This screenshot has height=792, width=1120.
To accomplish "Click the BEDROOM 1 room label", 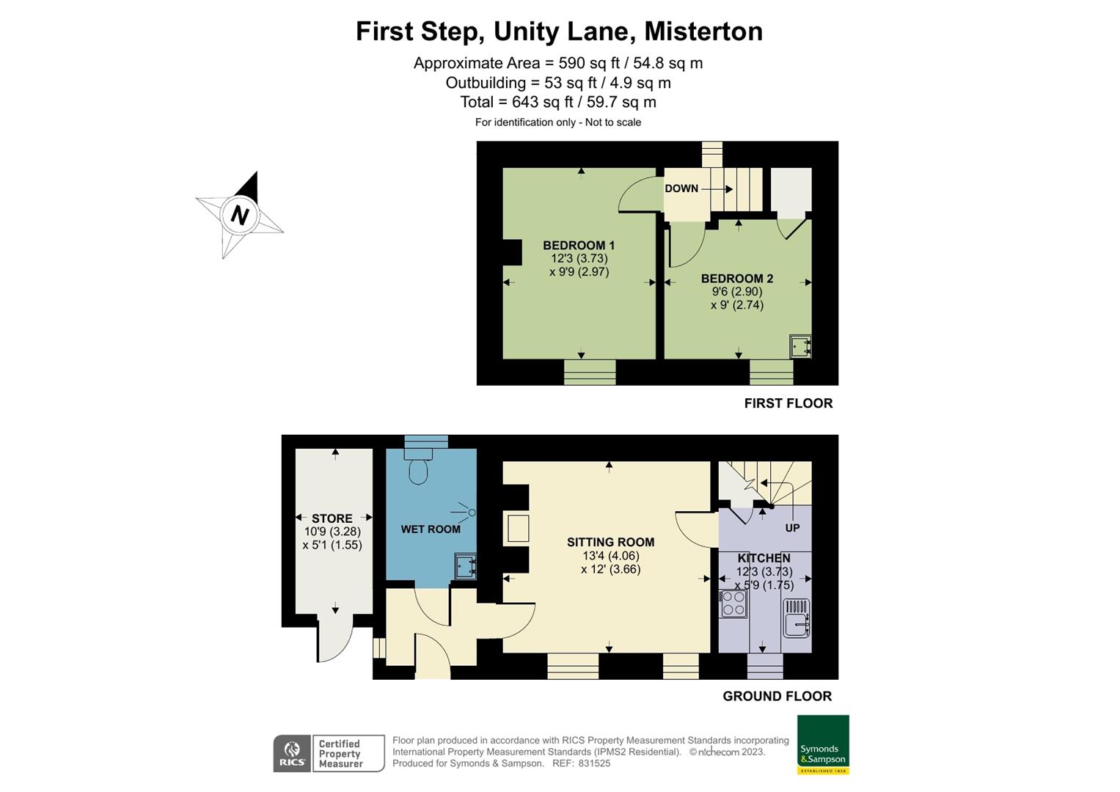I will (579, 245).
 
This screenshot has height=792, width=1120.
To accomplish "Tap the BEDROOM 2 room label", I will (736, 279).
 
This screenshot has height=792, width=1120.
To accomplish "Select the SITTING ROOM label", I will (610, 543).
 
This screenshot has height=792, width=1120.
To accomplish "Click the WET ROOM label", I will (431, 529).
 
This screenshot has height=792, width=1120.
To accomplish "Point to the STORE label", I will (332, 518).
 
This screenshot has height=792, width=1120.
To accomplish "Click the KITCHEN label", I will (764, 558).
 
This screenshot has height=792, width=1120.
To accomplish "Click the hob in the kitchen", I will (733, 604).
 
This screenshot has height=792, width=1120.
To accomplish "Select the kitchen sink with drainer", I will (797, 617).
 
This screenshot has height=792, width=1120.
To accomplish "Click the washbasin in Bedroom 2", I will (800, 346).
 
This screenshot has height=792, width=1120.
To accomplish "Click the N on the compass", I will (239, 216).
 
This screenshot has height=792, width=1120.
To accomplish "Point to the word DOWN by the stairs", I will (681, 188).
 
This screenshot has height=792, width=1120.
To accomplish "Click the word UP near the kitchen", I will (792, 528).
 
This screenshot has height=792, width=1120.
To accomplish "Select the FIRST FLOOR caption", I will (788, 403).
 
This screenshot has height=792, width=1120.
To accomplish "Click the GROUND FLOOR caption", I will (777, 696).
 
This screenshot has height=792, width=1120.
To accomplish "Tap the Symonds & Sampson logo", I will (822, 744).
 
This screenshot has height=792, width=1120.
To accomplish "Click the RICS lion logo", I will (291, 753).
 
